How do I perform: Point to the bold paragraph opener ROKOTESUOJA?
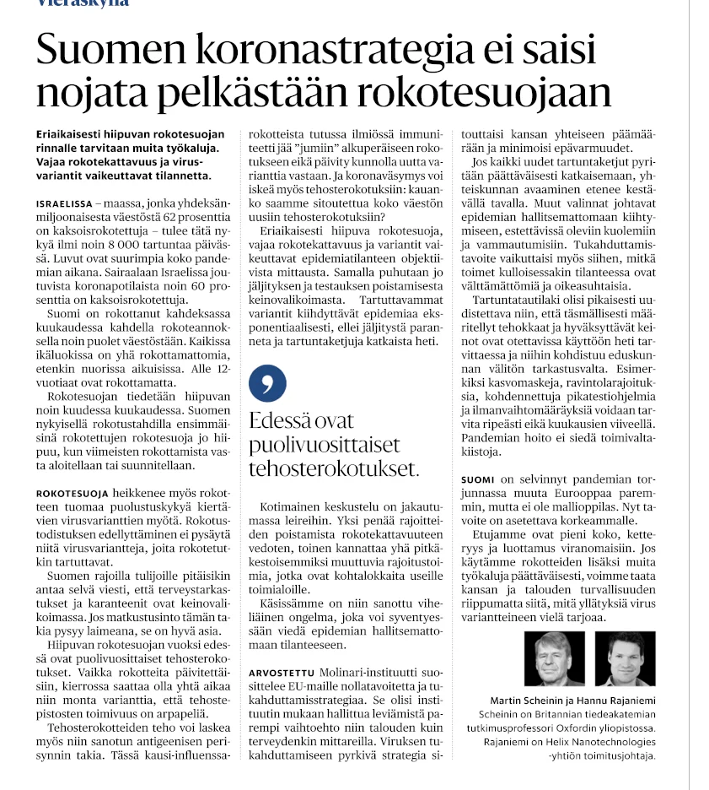click(73, 492)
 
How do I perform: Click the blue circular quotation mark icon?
click(267, 383)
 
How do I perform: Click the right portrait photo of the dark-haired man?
click(625, 658)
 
